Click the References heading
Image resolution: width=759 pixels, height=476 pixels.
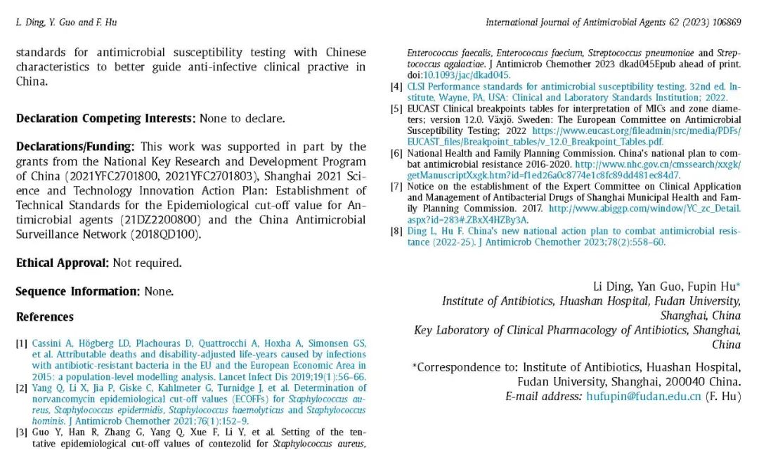[x=45, y=317]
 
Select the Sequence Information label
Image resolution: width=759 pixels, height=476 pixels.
[x=78, y=291]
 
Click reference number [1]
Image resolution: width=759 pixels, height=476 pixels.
[x=22, y=343]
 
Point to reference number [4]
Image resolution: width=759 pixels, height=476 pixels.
[x=396, y=87]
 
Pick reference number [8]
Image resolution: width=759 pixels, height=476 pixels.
[x=396, y=231]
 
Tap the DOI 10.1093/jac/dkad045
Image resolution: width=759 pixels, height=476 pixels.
[x=467, y=75]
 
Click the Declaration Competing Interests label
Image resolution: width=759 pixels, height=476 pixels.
[x=105, y=119]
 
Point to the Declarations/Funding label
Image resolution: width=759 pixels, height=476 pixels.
[x=74, y=147]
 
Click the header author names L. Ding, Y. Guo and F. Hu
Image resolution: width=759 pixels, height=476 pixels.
[x=66, y=22]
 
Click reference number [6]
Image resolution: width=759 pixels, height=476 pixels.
[x=396, y=153]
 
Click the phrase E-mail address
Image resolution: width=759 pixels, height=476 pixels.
[x=542, y=397]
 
